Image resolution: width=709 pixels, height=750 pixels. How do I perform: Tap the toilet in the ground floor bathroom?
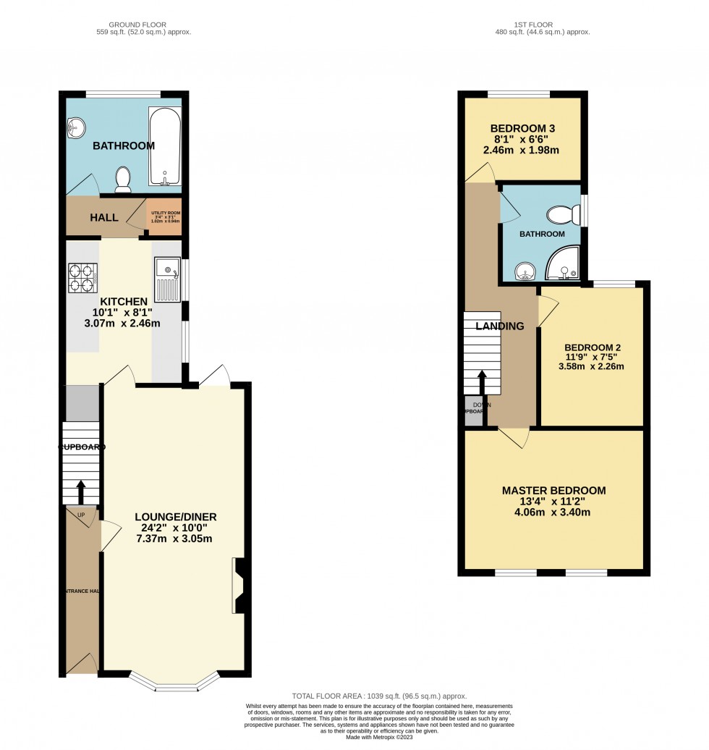click(x=123, y=180)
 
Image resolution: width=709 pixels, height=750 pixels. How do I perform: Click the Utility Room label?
click(x=164, y=216)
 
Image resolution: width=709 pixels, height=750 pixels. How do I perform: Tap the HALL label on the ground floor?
click(x=104, y=217)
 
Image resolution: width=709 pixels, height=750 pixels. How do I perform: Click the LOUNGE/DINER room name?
click(x=176, y=517)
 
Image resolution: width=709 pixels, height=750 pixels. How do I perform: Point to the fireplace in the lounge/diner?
click(x=240, y=586)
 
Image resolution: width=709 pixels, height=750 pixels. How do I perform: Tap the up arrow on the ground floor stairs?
click(x=80, y=492)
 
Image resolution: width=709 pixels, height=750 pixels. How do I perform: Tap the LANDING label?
click(x=500, y=326)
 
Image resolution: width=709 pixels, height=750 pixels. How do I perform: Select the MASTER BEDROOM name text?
click(x=554, y=491)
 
